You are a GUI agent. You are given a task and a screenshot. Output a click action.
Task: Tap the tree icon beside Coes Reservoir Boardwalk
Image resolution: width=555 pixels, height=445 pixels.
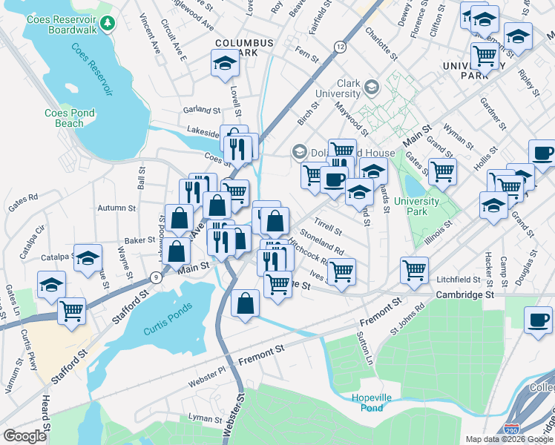108,24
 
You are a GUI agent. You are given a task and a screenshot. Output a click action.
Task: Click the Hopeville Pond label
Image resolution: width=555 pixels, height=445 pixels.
367,403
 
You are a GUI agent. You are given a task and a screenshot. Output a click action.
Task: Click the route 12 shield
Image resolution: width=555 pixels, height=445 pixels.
340,47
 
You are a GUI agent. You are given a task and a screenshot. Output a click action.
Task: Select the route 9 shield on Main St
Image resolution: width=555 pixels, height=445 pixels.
155,277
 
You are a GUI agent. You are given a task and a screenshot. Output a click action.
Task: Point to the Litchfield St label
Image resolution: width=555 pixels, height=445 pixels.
458,280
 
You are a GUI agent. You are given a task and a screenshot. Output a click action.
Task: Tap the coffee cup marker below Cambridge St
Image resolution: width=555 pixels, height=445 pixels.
538,320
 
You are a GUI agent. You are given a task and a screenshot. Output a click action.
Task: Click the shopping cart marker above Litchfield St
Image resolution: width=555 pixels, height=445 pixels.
414,269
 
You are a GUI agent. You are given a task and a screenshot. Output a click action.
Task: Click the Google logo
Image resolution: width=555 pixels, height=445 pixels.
24,436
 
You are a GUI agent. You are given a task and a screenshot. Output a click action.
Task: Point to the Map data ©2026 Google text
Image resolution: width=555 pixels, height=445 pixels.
508,438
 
